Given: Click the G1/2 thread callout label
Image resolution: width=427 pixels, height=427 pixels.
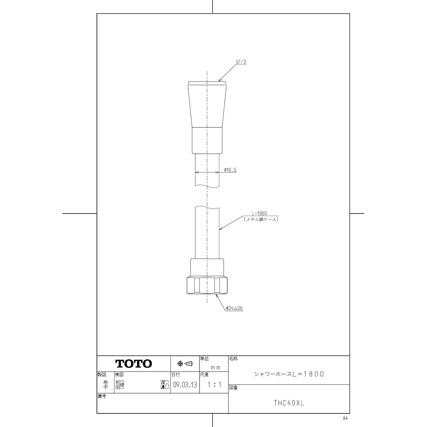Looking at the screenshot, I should pos(242,62).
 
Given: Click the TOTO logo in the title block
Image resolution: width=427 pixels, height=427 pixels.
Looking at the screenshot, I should pos(134,364).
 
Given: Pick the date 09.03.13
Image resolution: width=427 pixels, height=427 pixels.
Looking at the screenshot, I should pos(185,385).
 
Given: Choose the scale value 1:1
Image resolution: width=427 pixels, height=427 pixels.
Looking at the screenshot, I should pos(213,385).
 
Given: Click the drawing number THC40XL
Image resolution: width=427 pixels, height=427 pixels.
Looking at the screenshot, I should pos(289,403).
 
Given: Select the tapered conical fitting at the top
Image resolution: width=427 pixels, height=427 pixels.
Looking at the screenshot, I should pos(207,105).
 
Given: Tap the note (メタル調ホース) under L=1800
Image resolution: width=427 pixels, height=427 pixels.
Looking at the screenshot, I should pos(261,219).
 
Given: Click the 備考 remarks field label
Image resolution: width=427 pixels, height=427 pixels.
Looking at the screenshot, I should pos(102,396).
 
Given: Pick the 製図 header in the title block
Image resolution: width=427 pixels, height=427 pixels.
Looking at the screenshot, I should pos(101,374).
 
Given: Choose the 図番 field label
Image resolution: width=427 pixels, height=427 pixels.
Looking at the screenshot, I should pos(233,387).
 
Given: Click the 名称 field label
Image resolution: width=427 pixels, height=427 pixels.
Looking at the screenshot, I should pos(233,359).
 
